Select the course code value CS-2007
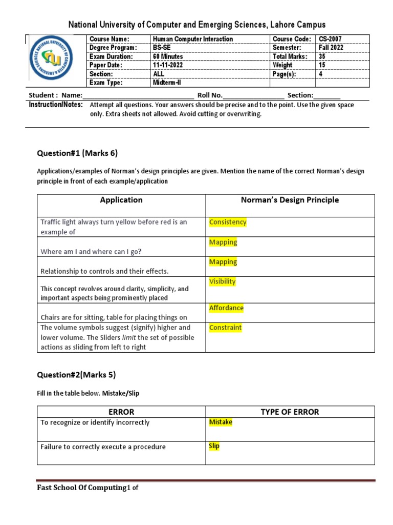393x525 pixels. [x=330, y=39]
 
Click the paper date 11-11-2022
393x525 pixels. [x=168, y=65]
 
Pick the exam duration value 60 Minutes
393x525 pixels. [x=168, y=56]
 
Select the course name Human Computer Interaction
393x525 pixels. [x=192, y=39]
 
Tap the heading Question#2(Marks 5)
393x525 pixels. [x=76, y=375]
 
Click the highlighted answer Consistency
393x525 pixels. [x=228, y=222]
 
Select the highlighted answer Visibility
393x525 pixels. [x=222, y=281]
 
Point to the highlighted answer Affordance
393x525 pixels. [x=226, y=308]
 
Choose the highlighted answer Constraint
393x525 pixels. [x=225, y=328]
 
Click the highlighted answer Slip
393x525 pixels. [x=214, y=446]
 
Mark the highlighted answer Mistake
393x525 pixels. [x=221, y=422]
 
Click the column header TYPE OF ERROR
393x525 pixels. [x=290, y=412]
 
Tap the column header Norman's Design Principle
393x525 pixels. [x=290, y=200]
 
